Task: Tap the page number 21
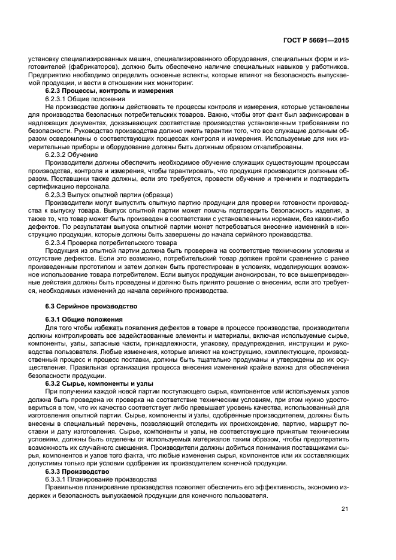coord(344,510)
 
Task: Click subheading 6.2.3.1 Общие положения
coord(85,98)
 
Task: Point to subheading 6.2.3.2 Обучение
coord(72,155)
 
